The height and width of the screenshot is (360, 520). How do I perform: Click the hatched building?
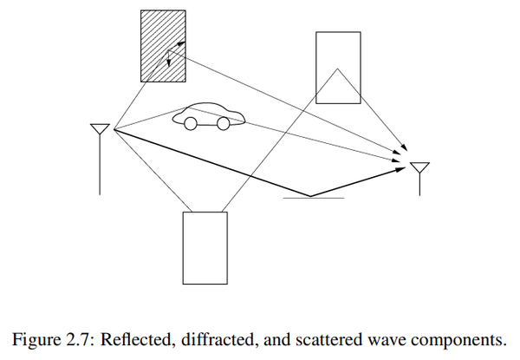point(163,46)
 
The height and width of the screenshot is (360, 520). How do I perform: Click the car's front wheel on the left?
point(191,124)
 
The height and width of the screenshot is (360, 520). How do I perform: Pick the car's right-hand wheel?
point(223,124)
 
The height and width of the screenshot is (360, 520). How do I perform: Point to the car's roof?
point(205,104)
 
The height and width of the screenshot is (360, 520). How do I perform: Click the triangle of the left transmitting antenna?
point(100,128)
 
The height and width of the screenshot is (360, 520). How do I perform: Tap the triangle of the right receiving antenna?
point(419,167)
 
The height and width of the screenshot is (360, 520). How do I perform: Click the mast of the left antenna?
point(100,164)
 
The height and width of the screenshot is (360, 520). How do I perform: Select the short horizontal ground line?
point(314,198)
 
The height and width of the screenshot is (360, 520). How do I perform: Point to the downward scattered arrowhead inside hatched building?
point(169,62)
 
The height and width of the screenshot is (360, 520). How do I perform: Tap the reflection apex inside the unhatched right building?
point(337,69)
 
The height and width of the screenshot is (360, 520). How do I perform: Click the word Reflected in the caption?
point(139,339)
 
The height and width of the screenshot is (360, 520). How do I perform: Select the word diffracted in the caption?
point(219,339)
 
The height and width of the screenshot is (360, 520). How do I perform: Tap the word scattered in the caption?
point(328,339)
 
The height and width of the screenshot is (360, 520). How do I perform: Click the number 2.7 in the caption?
point(79,339)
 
